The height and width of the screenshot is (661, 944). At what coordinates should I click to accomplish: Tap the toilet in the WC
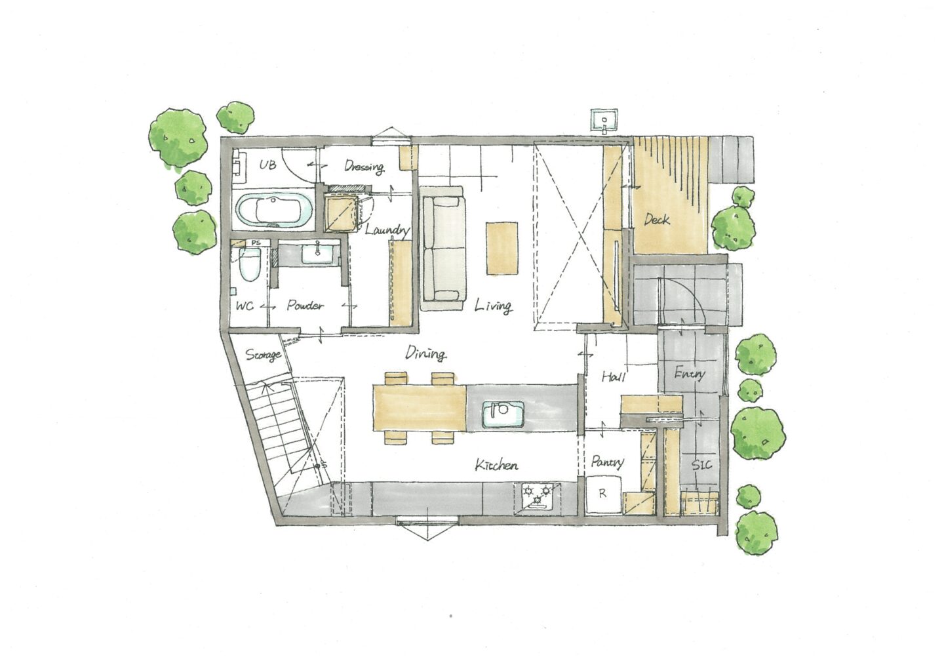(x=250, y=264)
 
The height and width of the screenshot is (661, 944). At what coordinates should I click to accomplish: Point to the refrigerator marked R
(x=603, y=494)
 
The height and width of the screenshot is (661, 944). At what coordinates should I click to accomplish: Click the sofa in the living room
(x=444, y=249)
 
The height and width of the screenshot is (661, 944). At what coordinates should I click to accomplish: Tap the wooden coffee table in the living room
(x=502, y=249)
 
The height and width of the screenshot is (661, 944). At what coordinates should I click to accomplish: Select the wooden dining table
(x=420, y=408)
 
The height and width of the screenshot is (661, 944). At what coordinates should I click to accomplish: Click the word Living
(x=493, y=306)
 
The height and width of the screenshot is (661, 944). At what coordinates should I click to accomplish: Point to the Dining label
(x=425, y=353)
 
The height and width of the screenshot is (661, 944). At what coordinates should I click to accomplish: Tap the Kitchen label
(x=496, y=466)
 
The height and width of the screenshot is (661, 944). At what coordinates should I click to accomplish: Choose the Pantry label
(x=607, y=462)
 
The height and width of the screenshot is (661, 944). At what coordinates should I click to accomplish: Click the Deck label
(x=657, y=219)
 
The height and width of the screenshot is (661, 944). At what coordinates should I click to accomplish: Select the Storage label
(x=264, y=355)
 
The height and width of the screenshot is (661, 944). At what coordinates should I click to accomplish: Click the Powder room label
(x=305, y=305)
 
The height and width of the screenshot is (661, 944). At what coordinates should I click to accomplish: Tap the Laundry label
(x=387, y=230)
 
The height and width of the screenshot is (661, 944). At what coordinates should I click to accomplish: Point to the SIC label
(x=701, y=464)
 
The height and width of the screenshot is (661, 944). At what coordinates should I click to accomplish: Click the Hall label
(x=613, y=376)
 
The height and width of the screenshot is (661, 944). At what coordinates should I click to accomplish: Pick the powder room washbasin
(x=317, y=254)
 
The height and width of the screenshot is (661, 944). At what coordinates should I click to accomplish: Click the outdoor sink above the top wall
(x=604, y=120)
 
